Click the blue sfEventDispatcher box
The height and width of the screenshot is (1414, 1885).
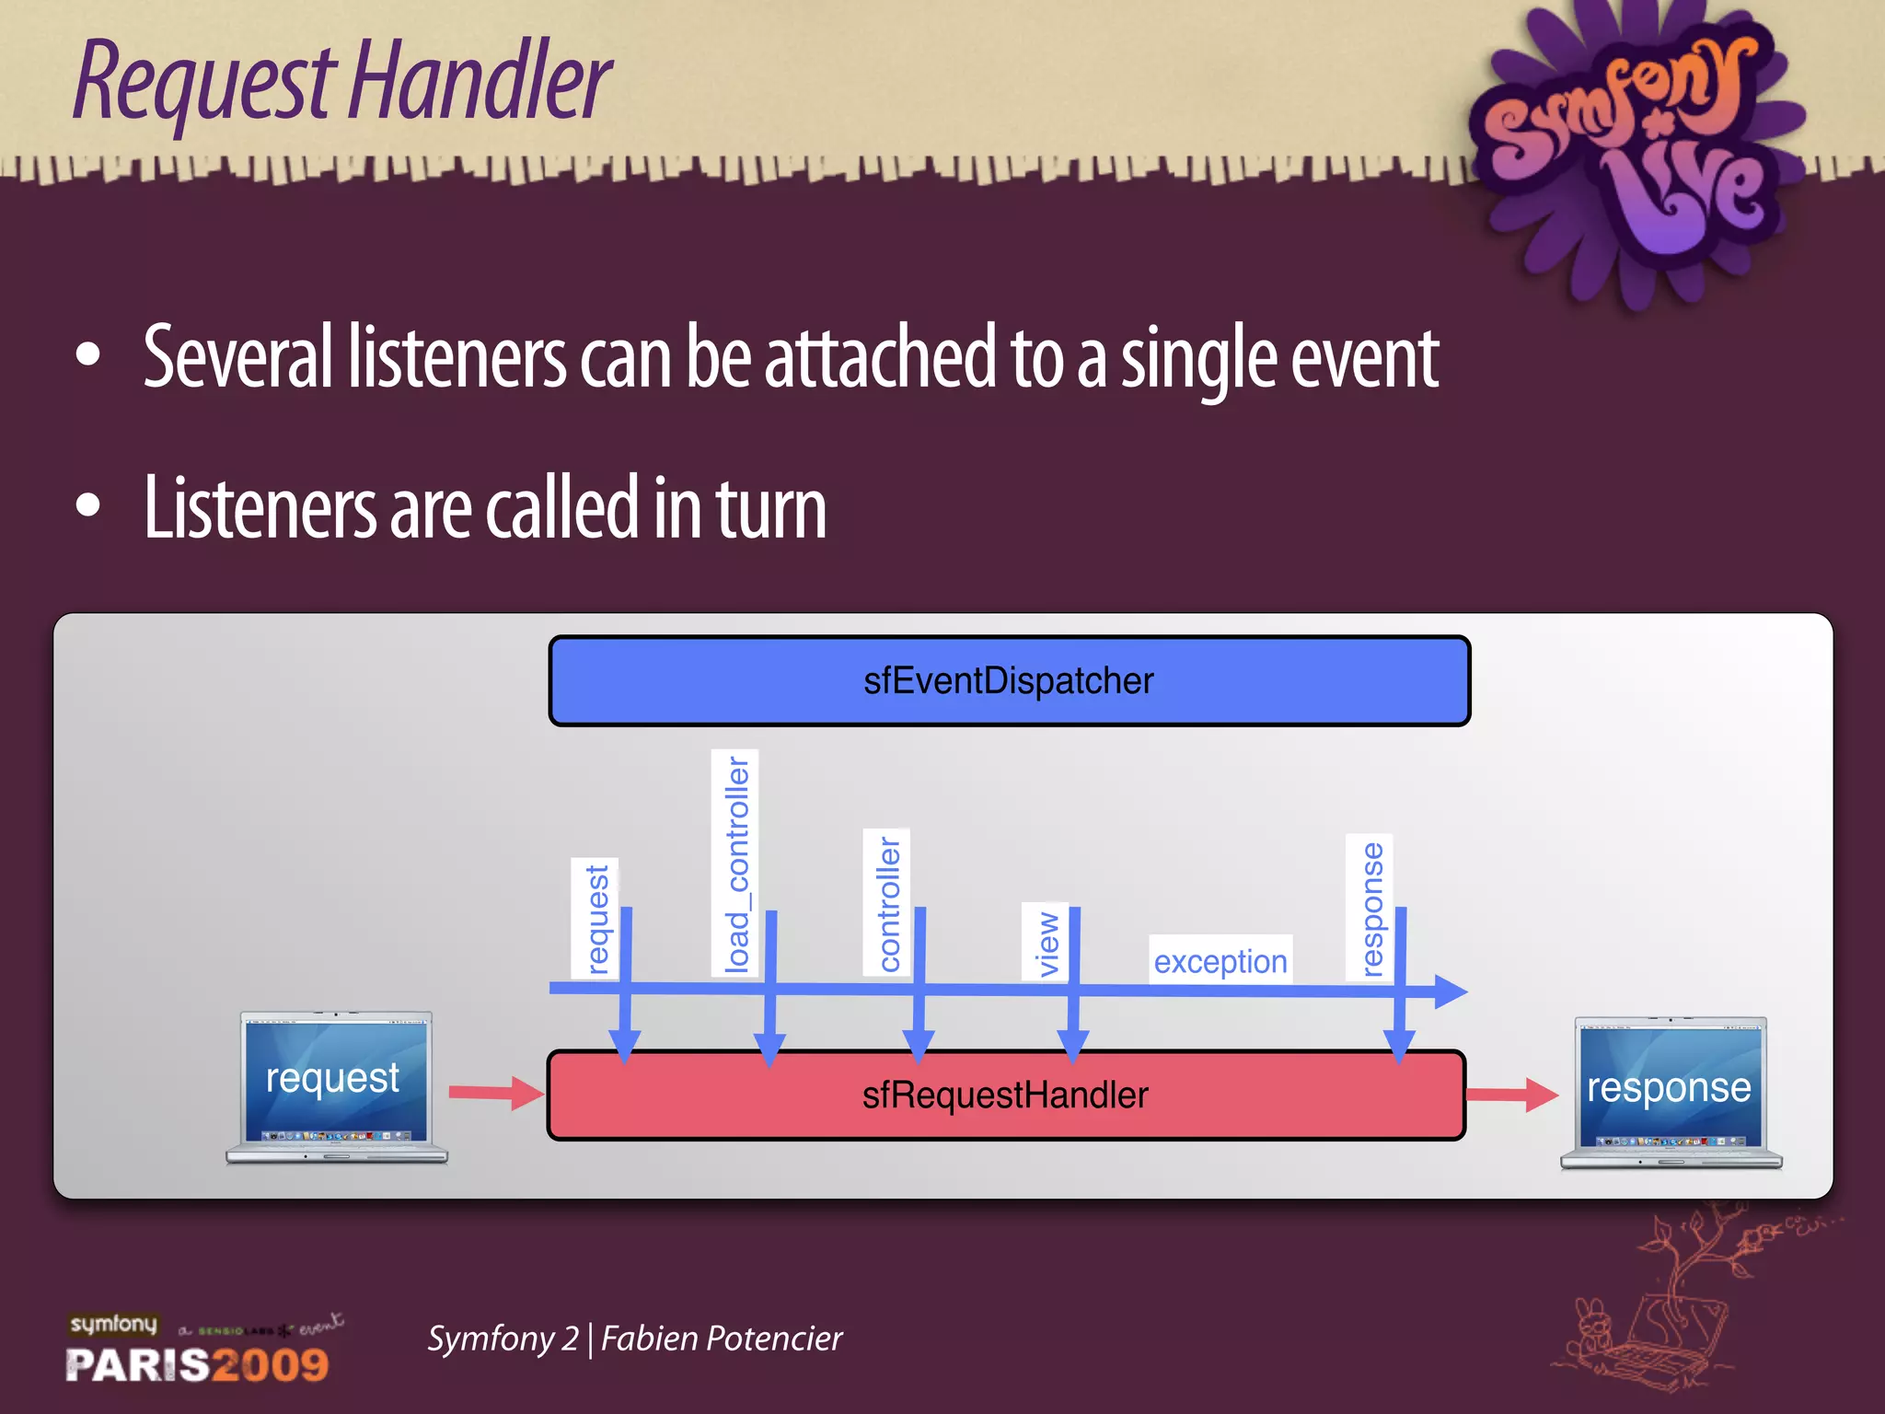1009,681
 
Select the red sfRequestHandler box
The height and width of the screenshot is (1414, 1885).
1005,1095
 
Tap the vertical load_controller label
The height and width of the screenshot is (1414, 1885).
735,863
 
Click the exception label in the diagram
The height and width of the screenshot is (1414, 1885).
1220,961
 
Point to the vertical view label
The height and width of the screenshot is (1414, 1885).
1046,942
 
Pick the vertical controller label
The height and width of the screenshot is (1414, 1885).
887,902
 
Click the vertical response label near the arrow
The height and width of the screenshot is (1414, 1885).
1370,908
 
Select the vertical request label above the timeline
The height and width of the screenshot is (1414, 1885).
596,918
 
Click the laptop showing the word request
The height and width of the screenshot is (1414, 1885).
336,1086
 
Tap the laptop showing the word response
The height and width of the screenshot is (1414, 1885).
1671,1092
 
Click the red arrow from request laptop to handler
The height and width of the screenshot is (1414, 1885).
496,1093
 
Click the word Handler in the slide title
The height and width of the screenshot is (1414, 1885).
479,83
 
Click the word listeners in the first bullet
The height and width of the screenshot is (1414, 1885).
457,357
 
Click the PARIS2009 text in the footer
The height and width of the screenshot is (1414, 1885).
197,1364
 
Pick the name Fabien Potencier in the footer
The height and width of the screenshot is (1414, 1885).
721,1339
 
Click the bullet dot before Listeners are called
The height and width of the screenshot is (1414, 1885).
88,505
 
